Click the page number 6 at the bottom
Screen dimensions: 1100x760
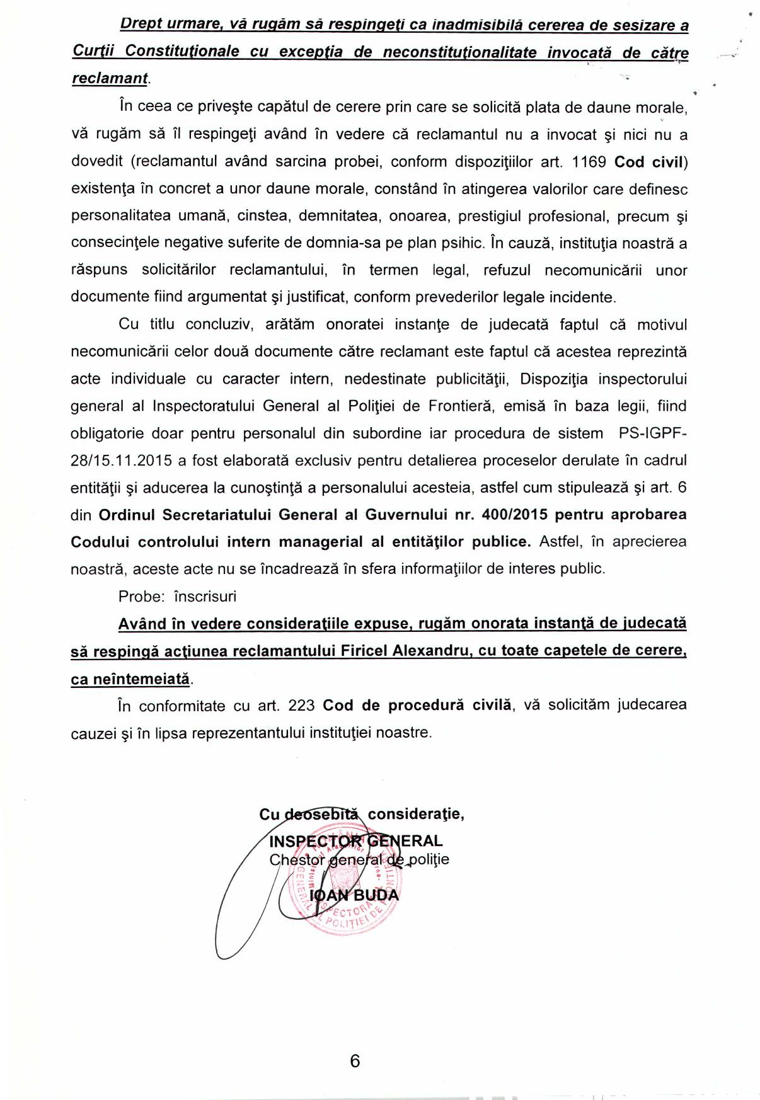click(355, 1060)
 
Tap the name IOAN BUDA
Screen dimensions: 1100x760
click(355, 895)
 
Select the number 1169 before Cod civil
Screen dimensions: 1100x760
click(589, 162)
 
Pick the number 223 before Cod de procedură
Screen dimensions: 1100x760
click(301, 706)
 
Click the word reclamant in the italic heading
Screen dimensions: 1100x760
click(110, 79)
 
